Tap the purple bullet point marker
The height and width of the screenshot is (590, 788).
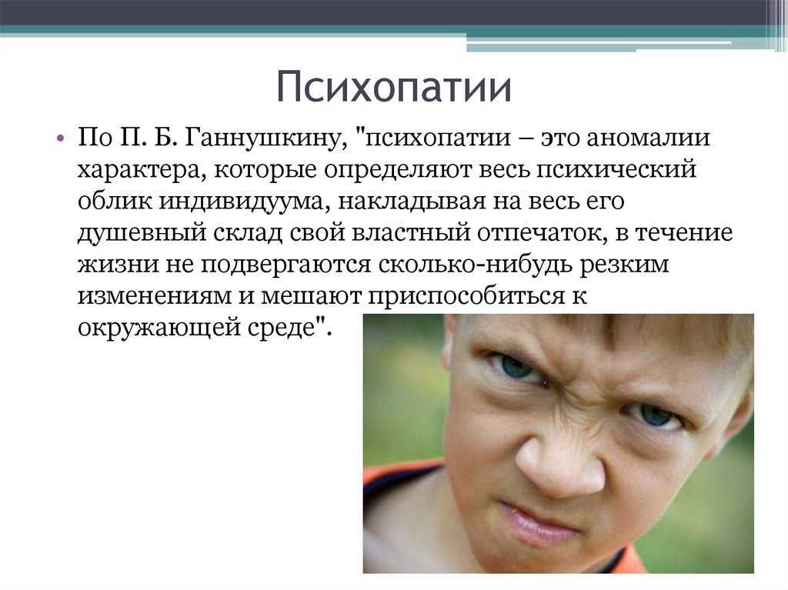click(x=61, y=138)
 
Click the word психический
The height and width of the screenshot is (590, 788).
click(x=616, y=170)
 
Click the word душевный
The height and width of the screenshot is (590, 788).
click(x=142, y=233)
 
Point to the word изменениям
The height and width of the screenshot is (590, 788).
click(x=154, y=296)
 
